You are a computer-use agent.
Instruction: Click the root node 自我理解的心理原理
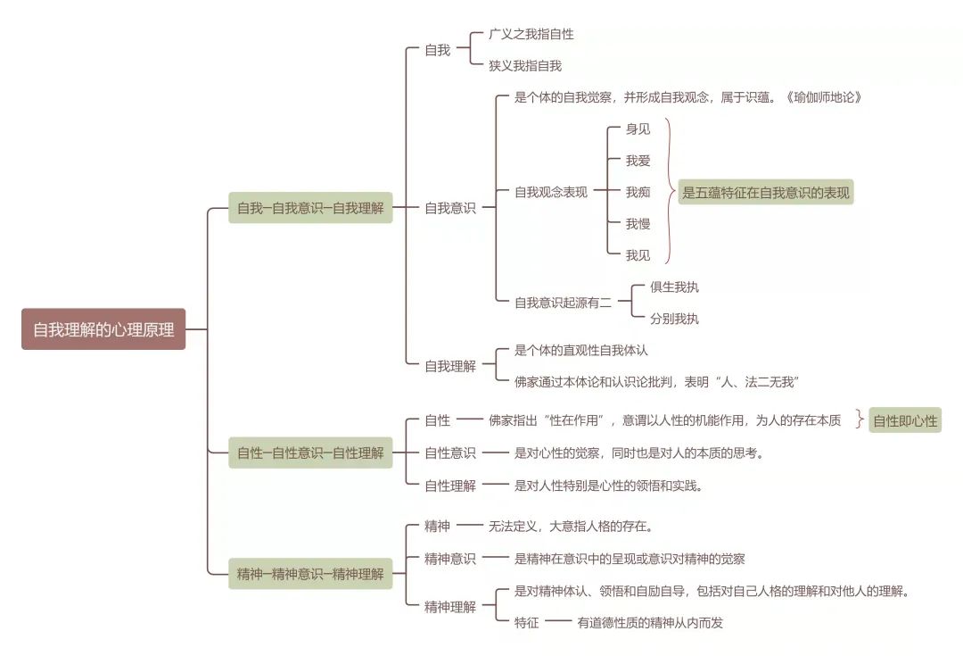tap(103, 329)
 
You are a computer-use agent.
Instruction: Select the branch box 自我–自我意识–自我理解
tap(310, 208)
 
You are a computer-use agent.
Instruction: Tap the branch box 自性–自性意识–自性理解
tap(310, 453)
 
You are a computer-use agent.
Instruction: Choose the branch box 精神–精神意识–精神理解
tap(310, 573)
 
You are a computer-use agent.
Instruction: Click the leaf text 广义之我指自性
tap(531, 34)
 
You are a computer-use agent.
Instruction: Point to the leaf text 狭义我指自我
tap(525, 65)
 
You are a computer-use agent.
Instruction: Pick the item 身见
tap(638, 129)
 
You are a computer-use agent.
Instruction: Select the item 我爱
tap(638, 161)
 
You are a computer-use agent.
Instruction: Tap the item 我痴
tap(638, 192)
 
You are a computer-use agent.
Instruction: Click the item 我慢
tap(638, 223)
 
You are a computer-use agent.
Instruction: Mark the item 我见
tap(638, 255)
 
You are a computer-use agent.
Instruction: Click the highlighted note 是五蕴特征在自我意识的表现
tap(766, 192)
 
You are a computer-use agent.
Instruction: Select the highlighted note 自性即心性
tap(905, 420)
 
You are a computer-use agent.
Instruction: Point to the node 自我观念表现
tap(551, 192)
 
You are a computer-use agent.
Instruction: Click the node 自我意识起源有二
tap(564, 303)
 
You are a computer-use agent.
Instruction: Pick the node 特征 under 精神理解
tap(527, 623)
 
